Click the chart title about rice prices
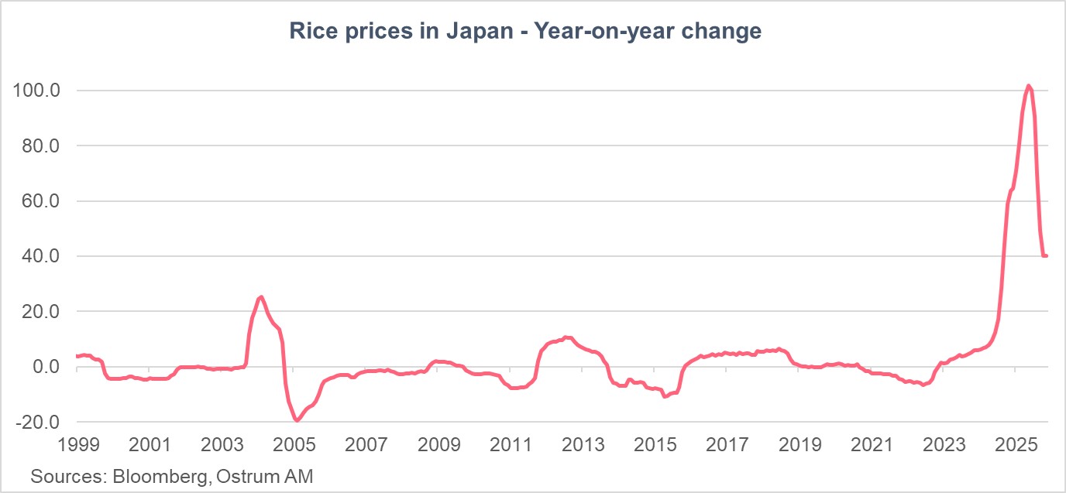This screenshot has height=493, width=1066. pos(525,32)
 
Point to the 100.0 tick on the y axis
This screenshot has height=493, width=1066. pos(37,91)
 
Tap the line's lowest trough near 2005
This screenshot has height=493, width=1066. pos(296,420)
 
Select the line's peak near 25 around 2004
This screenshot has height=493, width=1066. pos(261,296)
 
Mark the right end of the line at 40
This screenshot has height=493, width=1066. pos(1047,255)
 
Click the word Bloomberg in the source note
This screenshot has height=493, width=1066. pos(160,476)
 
